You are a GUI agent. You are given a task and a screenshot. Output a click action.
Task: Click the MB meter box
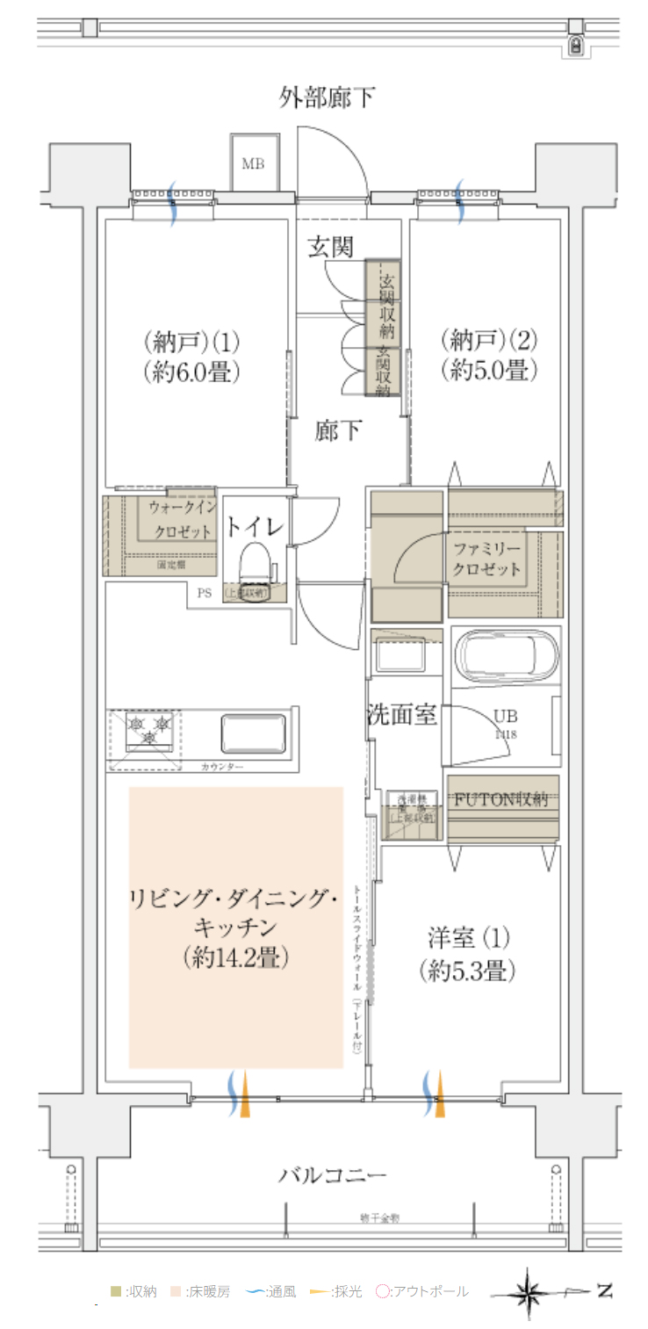[x=254, y=163]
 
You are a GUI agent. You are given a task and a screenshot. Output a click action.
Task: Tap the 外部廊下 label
[x=327, y=97]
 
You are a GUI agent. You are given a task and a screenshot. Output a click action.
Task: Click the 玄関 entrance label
[x=330, y=248]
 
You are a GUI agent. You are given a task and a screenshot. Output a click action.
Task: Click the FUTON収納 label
[x=501, y=799]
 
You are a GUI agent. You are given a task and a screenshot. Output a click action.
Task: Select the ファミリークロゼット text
[x=486, y=559]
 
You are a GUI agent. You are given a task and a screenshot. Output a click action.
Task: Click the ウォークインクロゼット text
[x=182, y=519]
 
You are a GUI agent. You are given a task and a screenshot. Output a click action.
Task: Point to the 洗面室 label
[x=401, y=714]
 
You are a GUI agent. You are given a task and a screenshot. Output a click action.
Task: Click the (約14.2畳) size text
[x=236, y=957]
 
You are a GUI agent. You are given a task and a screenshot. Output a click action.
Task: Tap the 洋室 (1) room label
[x=465, y=938]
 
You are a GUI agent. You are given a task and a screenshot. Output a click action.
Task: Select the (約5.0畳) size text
[x=488, y=371]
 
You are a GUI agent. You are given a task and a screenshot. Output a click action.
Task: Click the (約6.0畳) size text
[x=191, y=372]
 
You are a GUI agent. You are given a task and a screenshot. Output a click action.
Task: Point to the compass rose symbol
[x=529, y=1293]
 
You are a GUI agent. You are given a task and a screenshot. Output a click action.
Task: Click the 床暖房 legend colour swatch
[x=176, y=1292]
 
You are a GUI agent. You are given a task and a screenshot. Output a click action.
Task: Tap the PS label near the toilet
[x=204, y=593]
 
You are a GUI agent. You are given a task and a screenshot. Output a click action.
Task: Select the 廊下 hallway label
[x=337, y=431]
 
